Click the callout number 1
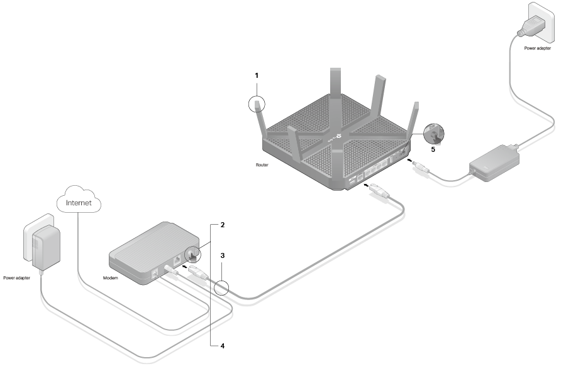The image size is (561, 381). pyautogui.click(x=256, y=75)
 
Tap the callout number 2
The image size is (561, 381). pyautogui.click(x=222, y=224)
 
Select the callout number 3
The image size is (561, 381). pyautogui.click(x=222, y=256)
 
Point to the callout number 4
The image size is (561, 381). pyautogui.click(x=222, y=346)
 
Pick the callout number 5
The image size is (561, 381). pyautogui.click(x=433, y=149)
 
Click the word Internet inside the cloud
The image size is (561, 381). pyautogui.click(x=79, y=203)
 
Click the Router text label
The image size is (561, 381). pyautogui.click(x=262, y=165)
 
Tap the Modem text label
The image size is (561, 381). pyautogui.click(x=111, y=277)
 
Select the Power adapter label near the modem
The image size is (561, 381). pyautogui.click(x=17, y=277)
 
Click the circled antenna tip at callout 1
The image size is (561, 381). pyautogui.click(x=258, y=104)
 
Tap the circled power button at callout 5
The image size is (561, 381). pyautogui.click(x=433, y=133)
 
